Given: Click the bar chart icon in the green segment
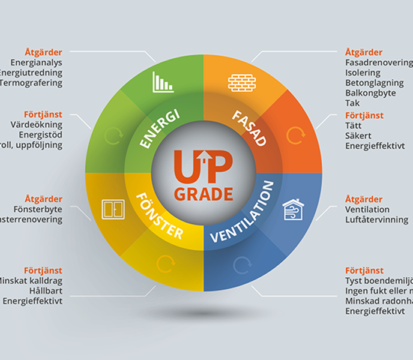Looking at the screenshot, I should (x=163, y=82).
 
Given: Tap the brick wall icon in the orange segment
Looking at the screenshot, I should (x=242, y=82).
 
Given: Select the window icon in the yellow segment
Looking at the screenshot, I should (x=113, y=209).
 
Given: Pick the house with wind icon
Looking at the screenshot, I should (x=293, y=209).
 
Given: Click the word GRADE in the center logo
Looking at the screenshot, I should (x=204, y=194).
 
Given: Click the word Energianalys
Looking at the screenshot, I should (x=36, y=62).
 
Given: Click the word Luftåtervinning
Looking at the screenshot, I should (x=376, y=220).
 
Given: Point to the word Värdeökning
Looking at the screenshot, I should (x=37, y=125).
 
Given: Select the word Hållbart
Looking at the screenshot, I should (x=45, y=291).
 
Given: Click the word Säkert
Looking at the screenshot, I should (x=358, y=136).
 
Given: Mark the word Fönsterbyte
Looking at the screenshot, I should (x=38, y=209).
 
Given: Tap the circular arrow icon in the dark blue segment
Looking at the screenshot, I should (x=241, y=265).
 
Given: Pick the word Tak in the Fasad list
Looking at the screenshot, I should (x=352, y=103).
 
